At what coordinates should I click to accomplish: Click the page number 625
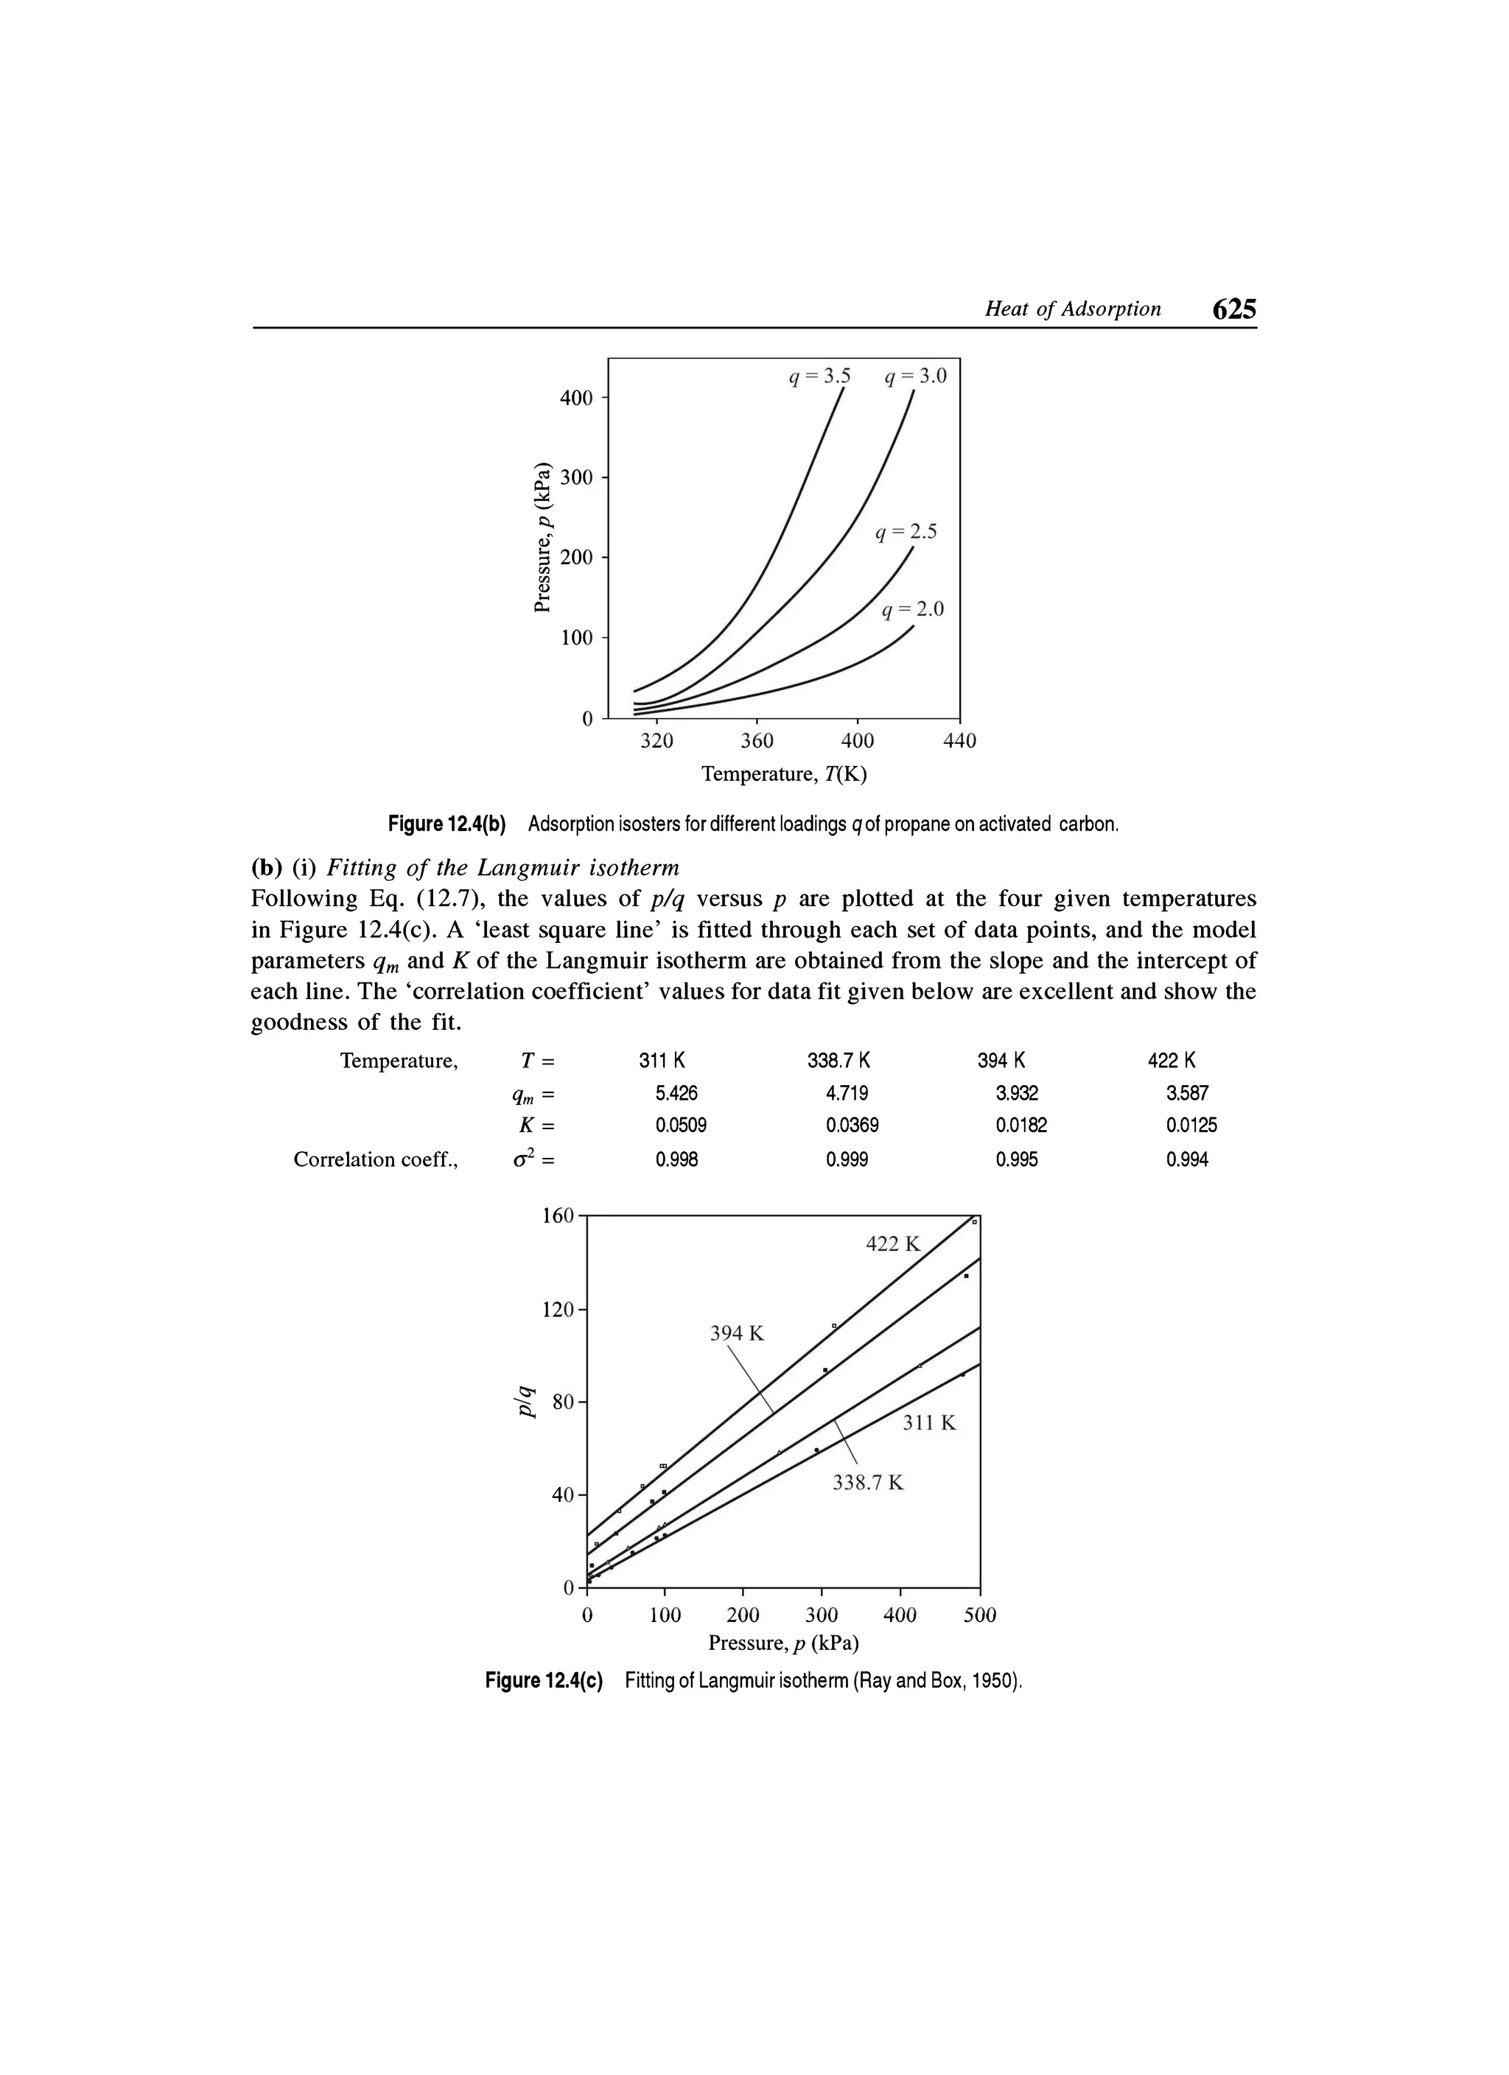coord(1233,309)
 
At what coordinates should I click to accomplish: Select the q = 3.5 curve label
coord(820,376)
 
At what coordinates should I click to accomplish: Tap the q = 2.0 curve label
coord(912,610)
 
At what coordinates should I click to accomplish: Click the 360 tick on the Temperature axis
coord(757,741)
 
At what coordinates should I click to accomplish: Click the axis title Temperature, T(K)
coord(783,775)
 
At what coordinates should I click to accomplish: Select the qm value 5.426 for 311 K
coord(676,1093)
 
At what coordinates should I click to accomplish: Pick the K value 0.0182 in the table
coord(1021,1126)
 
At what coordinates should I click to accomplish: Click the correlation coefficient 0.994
coord(1187,1160)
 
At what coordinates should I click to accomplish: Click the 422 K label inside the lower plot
coord(893,1244)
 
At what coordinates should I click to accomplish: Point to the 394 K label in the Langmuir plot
coord(737,1334)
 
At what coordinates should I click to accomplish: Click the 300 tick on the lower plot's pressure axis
coord(822,1615)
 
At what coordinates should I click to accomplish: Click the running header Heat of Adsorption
coord(1073,309)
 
